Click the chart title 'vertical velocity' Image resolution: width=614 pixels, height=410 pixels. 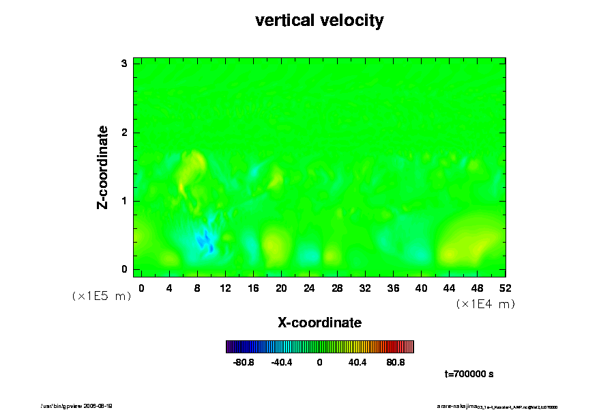click(x=319, y=20)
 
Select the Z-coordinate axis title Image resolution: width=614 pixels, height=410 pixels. click(x=103, y=167)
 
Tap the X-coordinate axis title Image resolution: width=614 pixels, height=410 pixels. click(x=319, y=322)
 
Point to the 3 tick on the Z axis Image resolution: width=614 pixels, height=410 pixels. click(x=124, y=64)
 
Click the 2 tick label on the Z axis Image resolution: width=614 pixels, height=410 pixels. click(x=124, y=132)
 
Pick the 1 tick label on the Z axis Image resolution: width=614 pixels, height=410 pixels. click(x=124, y=201)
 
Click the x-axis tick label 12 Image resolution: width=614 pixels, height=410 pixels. click(x=225, y=288)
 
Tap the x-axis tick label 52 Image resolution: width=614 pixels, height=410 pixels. click(x=506, y=288)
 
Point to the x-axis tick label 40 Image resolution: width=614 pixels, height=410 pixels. click(x=421, y=288)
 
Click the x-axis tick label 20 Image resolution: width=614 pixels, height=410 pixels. click(x=281, y=288)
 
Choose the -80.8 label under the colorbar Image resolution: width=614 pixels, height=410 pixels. click(x=244, y=362)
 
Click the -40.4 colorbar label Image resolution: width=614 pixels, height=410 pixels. click(x=282, y=362)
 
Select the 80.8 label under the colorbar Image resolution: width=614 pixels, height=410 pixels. click(x=396, y=362)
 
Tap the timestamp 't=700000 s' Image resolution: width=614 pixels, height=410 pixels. click(x=469, y=374)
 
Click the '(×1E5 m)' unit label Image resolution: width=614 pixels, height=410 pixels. click(x=101, y=296)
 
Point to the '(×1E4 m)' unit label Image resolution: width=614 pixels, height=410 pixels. click(x=485, y=304)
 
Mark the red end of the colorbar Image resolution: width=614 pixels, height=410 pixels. click(x=409, y=346)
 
